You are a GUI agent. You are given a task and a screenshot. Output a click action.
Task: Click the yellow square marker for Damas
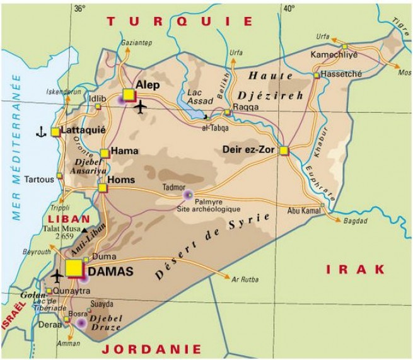point(74,268)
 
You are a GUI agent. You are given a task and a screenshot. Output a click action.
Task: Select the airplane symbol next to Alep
point(140,107)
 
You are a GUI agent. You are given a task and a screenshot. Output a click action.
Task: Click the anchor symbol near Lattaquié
point(41,132)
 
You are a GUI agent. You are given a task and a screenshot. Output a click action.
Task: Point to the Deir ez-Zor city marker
point(284,150)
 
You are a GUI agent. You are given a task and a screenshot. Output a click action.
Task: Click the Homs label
point(122,180)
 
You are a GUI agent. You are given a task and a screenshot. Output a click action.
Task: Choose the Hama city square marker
point(104,153)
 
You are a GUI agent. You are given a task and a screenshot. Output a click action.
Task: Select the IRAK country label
point(356,269)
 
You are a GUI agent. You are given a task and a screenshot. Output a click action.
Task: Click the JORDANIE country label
point(152,349)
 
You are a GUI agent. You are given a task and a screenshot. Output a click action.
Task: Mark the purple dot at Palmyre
point(187,195)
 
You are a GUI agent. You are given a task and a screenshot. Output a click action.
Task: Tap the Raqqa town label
point(245,107)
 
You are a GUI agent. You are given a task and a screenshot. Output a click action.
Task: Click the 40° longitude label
point(289,8)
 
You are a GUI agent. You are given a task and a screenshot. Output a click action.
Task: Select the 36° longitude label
point(79,8)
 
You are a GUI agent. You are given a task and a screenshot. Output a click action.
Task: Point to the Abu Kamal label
point(303,212)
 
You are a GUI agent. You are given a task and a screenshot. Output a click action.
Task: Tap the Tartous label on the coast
point(39,180)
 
